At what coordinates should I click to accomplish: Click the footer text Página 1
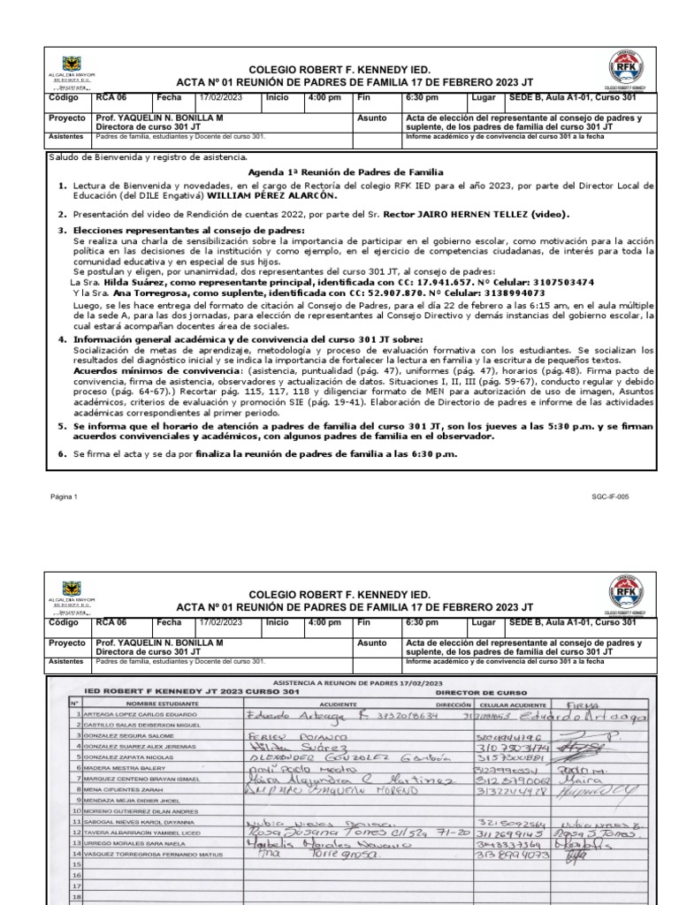pyautogui.click(x=64, y=497)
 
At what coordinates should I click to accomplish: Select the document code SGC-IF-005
pyautogui.click(x=637, y=497)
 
